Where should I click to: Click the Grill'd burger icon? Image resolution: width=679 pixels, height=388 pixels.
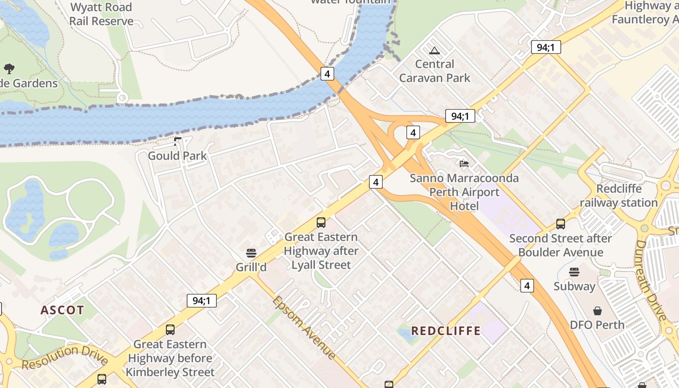(x=251, y=253)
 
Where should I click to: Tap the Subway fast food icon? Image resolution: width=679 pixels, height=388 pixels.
(x=574, y=272)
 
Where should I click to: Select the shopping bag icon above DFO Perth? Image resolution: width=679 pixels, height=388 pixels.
(x=598, y=310)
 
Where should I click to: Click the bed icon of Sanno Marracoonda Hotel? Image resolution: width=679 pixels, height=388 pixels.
(x=464, y=164)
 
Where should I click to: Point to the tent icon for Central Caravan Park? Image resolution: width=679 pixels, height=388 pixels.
(x=435, y=50)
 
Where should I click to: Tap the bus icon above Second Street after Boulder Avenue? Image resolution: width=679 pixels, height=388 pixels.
(x=561, y=224)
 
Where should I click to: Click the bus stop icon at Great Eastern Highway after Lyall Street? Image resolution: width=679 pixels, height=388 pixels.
(x=321, y=223)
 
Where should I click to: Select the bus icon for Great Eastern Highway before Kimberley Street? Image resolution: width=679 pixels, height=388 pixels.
(x=170, y=330)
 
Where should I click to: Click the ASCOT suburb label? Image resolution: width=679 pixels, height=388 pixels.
(x=62, y=310)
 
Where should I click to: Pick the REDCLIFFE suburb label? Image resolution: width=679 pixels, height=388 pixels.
(x=446, y=331)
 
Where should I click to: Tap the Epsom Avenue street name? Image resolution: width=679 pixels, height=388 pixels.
(x=304, y=327)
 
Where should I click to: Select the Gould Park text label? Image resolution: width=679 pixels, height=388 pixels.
(x=177, y=156)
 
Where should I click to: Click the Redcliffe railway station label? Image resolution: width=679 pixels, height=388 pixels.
(x=619, y=195)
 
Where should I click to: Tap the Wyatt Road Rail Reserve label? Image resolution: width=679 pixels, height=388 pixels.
(x=101, y=14)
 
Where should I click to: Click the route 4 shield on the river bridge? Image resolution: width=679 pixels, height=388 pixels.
(x=327, y=74)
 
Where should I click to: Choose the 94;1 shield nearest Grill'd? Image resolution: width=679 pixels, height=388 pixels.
(x=202, y=300)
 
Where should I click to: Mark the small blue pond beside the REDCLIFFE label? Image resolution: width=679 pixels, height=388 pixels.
(x=403, y=334)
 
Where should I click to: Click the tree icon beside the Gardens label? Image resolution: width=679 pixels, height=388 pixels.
(x=9, y=68)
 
